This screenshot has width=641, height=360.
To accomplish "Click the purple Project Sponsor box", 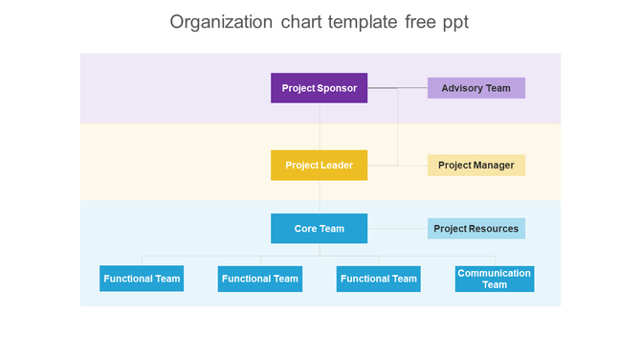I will [x=320, y=88].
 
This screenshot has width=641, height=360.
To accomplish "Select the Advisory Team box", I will [x=475, y=88].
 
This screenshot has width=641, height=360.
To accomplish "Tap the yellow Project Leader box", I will [x=320, y=165].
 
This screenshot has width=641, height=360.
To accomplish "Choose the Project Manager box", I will [x=475, y=165].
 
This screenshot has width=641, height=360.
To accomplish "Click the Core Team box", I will [x=320, y=229].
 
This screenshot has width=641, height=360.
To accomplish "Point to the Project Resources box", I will [x=475, y=229].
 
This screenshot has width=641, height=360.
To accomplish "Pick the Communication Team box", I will [x=494, y=279].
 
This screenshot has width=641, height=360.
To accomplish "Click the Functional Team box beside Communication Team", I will [x=379, y=279].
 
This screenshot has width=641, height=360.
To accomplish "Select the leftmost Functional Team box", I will [x=142, y=279].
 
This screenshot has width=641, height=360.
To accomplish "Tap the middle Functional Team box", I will [x=260, y=279].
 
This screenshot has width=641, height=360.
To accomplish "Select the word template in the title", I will [x=360, y=22].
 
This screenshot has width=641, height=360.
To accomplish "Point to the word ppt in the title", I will [x=453, y=22].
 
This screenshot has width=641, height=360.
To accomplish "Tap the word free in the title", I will [x=414, y=22].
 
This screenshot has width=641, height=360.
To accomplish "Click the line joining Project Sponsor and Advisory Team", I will [x=397, y=88].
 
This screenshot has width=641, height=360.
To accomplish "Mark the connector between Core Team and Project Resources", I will [x=397, y=229].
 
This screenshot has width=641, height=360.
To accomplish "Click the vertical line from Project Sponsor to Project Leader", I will [x=320, y=125].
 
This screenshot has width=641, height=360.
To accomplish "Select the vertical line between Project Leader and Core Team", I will [x=320, y=196].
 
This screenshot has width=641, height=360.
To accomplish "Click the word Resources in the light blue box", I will [x=493, y=229].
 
